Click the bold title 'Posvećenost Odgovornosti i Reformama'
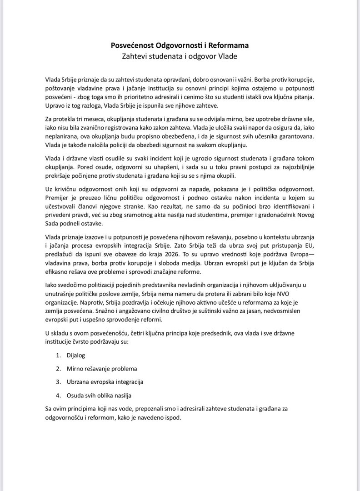(180, 46)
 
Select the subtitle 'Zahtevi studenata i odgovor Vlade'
(180, 56)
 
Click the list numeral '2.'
(59, 368)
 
